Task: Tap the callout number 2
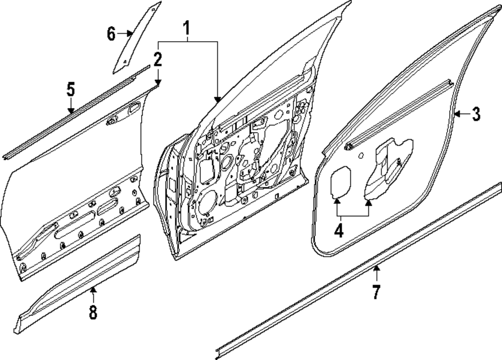coord(158,60)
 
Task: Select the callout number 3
coord(475,114)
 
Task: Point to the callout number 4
coord(339,230)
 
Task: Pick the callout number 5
coord(71,90)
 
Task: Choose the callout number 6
coord(111,34)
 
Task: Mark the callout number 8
coord(93,312)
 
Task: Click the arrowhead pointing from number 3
coord(457,114)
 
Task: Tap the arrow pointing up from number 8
coord(93,290)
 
